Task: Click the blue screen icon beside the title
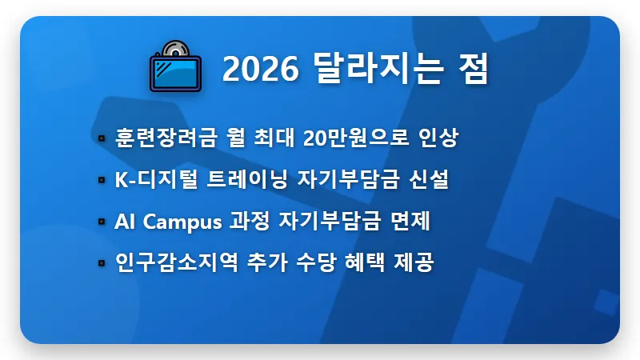[176, 72]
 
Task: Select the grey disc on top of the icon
[178, 49]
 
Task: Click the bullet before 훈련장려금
[102, 138]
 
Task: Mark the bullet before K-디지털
[102, 180]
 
